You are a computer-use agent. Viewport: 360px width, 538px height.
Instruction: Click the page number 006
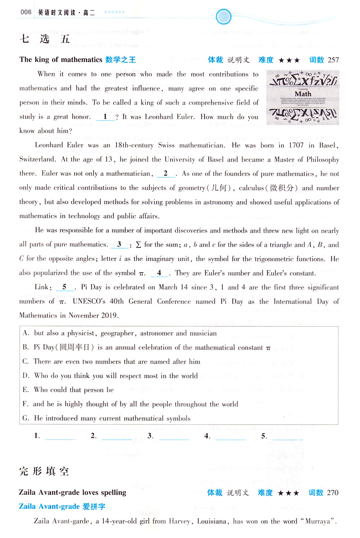pyautogui.click(x=26, y=12)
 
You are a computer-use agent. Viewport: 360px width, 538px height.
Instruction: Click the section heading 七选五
pyautogui.click(x=45, y=39)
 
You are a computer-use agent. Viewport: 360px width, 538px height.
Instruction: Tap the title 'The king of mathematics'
pyautogui.click(x=61, y=59)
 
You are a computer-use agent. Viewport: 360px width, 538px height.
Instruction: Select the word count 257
pyautogui.click(x=333, y=59)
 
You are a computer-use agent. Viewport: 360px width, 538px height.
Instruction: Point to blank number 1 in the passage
pyautogui.click(x=105, y=117)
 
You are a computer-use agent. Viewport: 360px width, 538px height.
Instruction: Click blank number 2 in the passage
pyautogui.click(x=166, y=174)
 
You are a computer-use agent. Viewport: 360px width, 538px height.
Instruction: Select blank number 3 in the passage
pyautogui.click(x=119, y=245)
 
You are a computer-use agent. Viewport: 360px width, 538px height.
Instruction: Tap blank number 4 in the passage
pyautogui.click(x=159, y=273)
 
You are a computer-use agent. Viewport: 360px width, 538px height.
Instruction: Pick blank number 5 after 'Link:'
pyautogui.click(x=65, y=287)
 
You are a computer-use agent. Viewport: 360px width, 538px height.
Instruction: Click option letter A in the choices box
pyautogui.click(x=25, y=334)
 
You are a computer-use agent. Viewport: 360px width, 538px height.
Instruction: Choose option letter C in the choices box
pyautogui.click(x=25, y=362)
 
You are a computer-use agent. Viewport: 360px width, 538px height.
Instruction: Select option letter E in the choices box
pyautogui.click(x=25, y=390)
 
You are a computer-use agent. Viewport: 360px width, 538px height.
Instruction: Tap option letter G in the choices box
pyautogui.click(x=25, y=418)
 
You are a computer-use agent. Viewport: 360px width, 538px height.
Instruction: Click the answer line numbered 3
pyautogui.click(x=174, y=437)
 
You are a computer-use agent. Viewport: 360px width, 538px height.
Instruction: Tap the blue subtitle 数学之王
pyautogui.click(x=121, y=59)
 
